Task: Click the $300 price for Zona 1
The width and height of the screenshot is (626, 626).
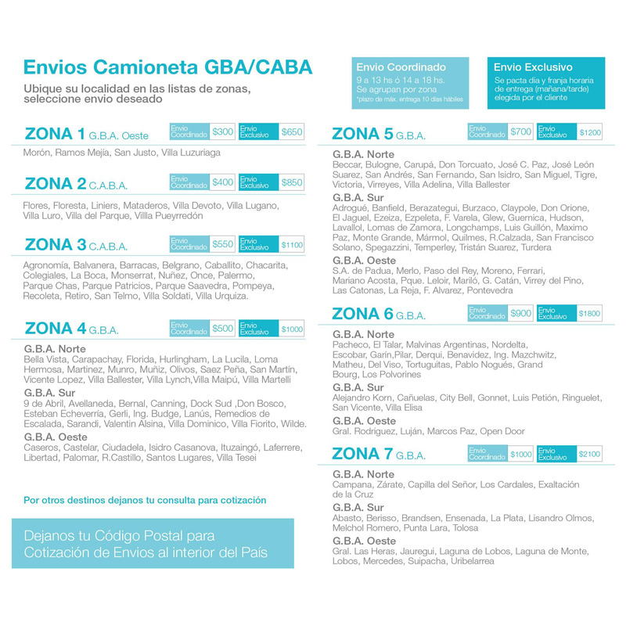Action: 223,131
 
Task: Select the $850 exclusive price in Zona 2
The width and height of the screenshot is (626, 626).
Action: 291,182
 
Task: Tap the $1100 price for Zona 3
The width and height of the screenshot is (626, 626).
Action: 291,245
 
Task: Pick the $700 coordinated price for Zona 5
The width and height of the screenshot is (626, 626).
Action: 520,131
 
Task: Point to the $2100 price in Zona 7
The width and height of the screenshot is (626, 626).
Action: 590,454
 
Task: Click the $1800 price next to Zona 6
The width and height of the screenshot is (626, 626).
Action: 590,314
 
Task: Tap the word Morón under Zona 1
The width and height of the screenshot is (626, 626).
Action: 38,152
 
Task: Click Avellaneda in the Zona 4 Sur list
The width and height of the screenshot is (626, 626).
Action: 82,403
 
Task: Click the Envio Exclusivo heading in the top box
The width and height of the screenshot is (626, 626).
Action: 533,67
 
